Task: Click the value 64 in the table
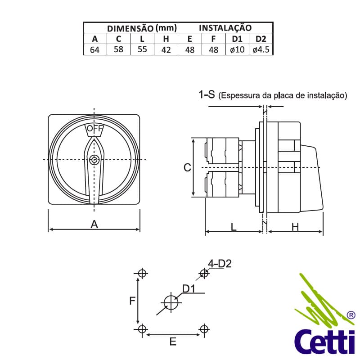[x=94, y=50]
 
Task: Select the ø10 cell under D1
[x=237, y=50]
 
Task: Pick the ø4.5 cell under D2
[x=261, y=50]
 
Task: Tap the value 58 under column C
[x=118, y=49]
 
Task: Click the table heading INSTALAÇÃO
[x=225, y=28]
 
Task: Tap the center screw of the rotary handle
[x=94, y=160]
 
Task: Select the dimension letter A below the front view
[x=94, y=224]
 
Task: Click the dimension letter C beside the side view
[x=188, y=167]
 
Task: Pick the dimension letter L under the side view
[x=234, y=227]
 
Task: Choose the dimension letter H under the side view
[x=295, y=227]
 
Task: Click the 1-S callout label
[x=207, y=94]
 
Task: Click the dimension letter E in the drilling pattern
[x=173, y=342]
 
